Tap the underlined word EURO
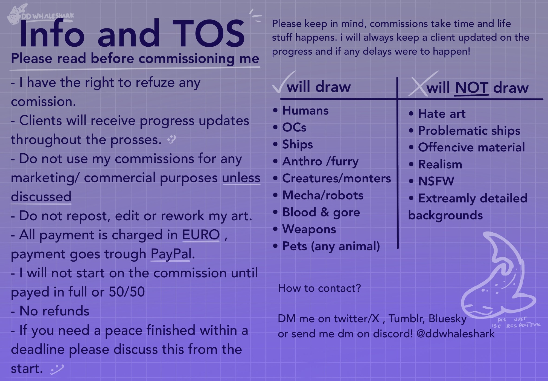[x=201, y=235]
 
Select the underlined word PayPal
[x=171, y=254]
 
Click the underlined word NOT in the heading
[x=471, y=88]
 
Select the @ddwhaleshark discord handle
[x=456, y=334]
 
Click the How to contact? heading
[x=319, y=288]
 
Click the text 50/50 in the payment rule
[x=127, y=292]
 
